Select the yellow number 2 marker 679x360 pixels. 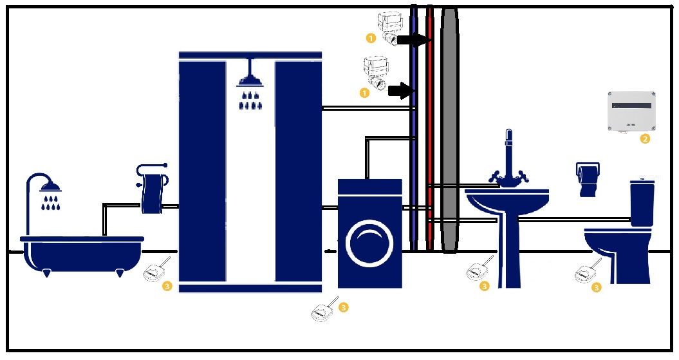(645, 138)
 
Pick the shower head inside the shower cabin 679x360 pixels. (250, 80)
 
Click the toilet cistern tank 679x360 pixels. (642, 201)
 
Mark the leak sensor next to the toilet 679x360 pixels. (585, 273)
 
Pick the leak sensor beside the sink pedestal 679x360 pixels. (479, 269)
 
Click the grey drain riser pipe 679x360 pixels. (448, 129)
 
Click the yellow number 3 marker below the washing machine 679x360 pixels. (343, 307)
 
